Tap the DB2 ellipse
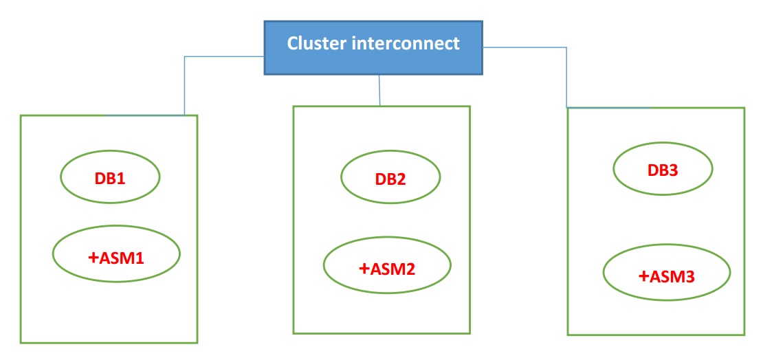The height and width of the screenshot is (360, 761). coord(390,179)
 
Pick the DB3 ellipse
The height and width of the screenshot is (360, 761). coord(662,169)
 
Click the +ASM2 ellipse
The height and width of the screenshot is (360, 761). coord(387,267)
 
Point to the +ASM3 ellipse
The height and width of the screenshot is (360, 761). coord(666,276)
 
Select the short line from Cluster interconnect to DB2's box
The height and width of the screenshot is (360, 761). coord(379,90)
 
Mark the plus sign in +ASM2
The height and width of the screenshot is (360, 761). coord(364,268)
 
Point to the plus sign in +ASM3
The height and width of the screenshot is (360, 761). coord(643,277)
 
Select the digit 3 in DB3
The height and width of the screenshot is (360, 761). coord(674,170)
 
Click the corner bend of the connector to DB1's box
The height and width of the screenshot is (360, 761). coord(185,56)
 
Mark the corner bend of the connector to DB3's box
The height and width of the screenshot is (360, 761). coord(566,47)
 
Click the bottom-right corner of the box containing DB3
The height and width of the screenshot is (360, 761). coord(745,335)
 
